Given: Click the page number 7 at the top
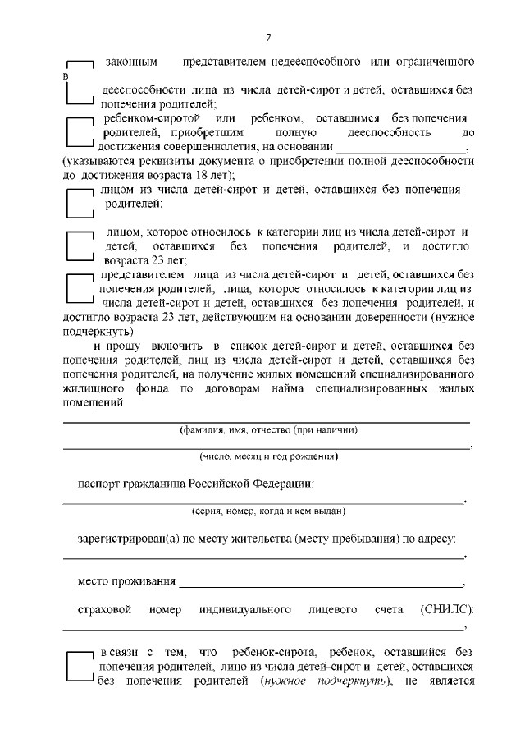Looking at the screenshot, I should tap(268, 39).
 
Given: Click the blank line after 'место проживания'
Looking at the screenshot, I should tap(320, 584).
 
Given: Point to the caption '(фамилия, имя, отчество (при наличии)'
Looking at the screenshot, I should tap(268, 430).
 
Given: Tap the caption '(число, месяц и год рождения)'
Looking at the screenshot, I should tap(268, 456).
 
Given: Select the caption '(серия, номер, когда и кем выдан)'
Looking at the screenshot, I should tap(268, 510).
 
